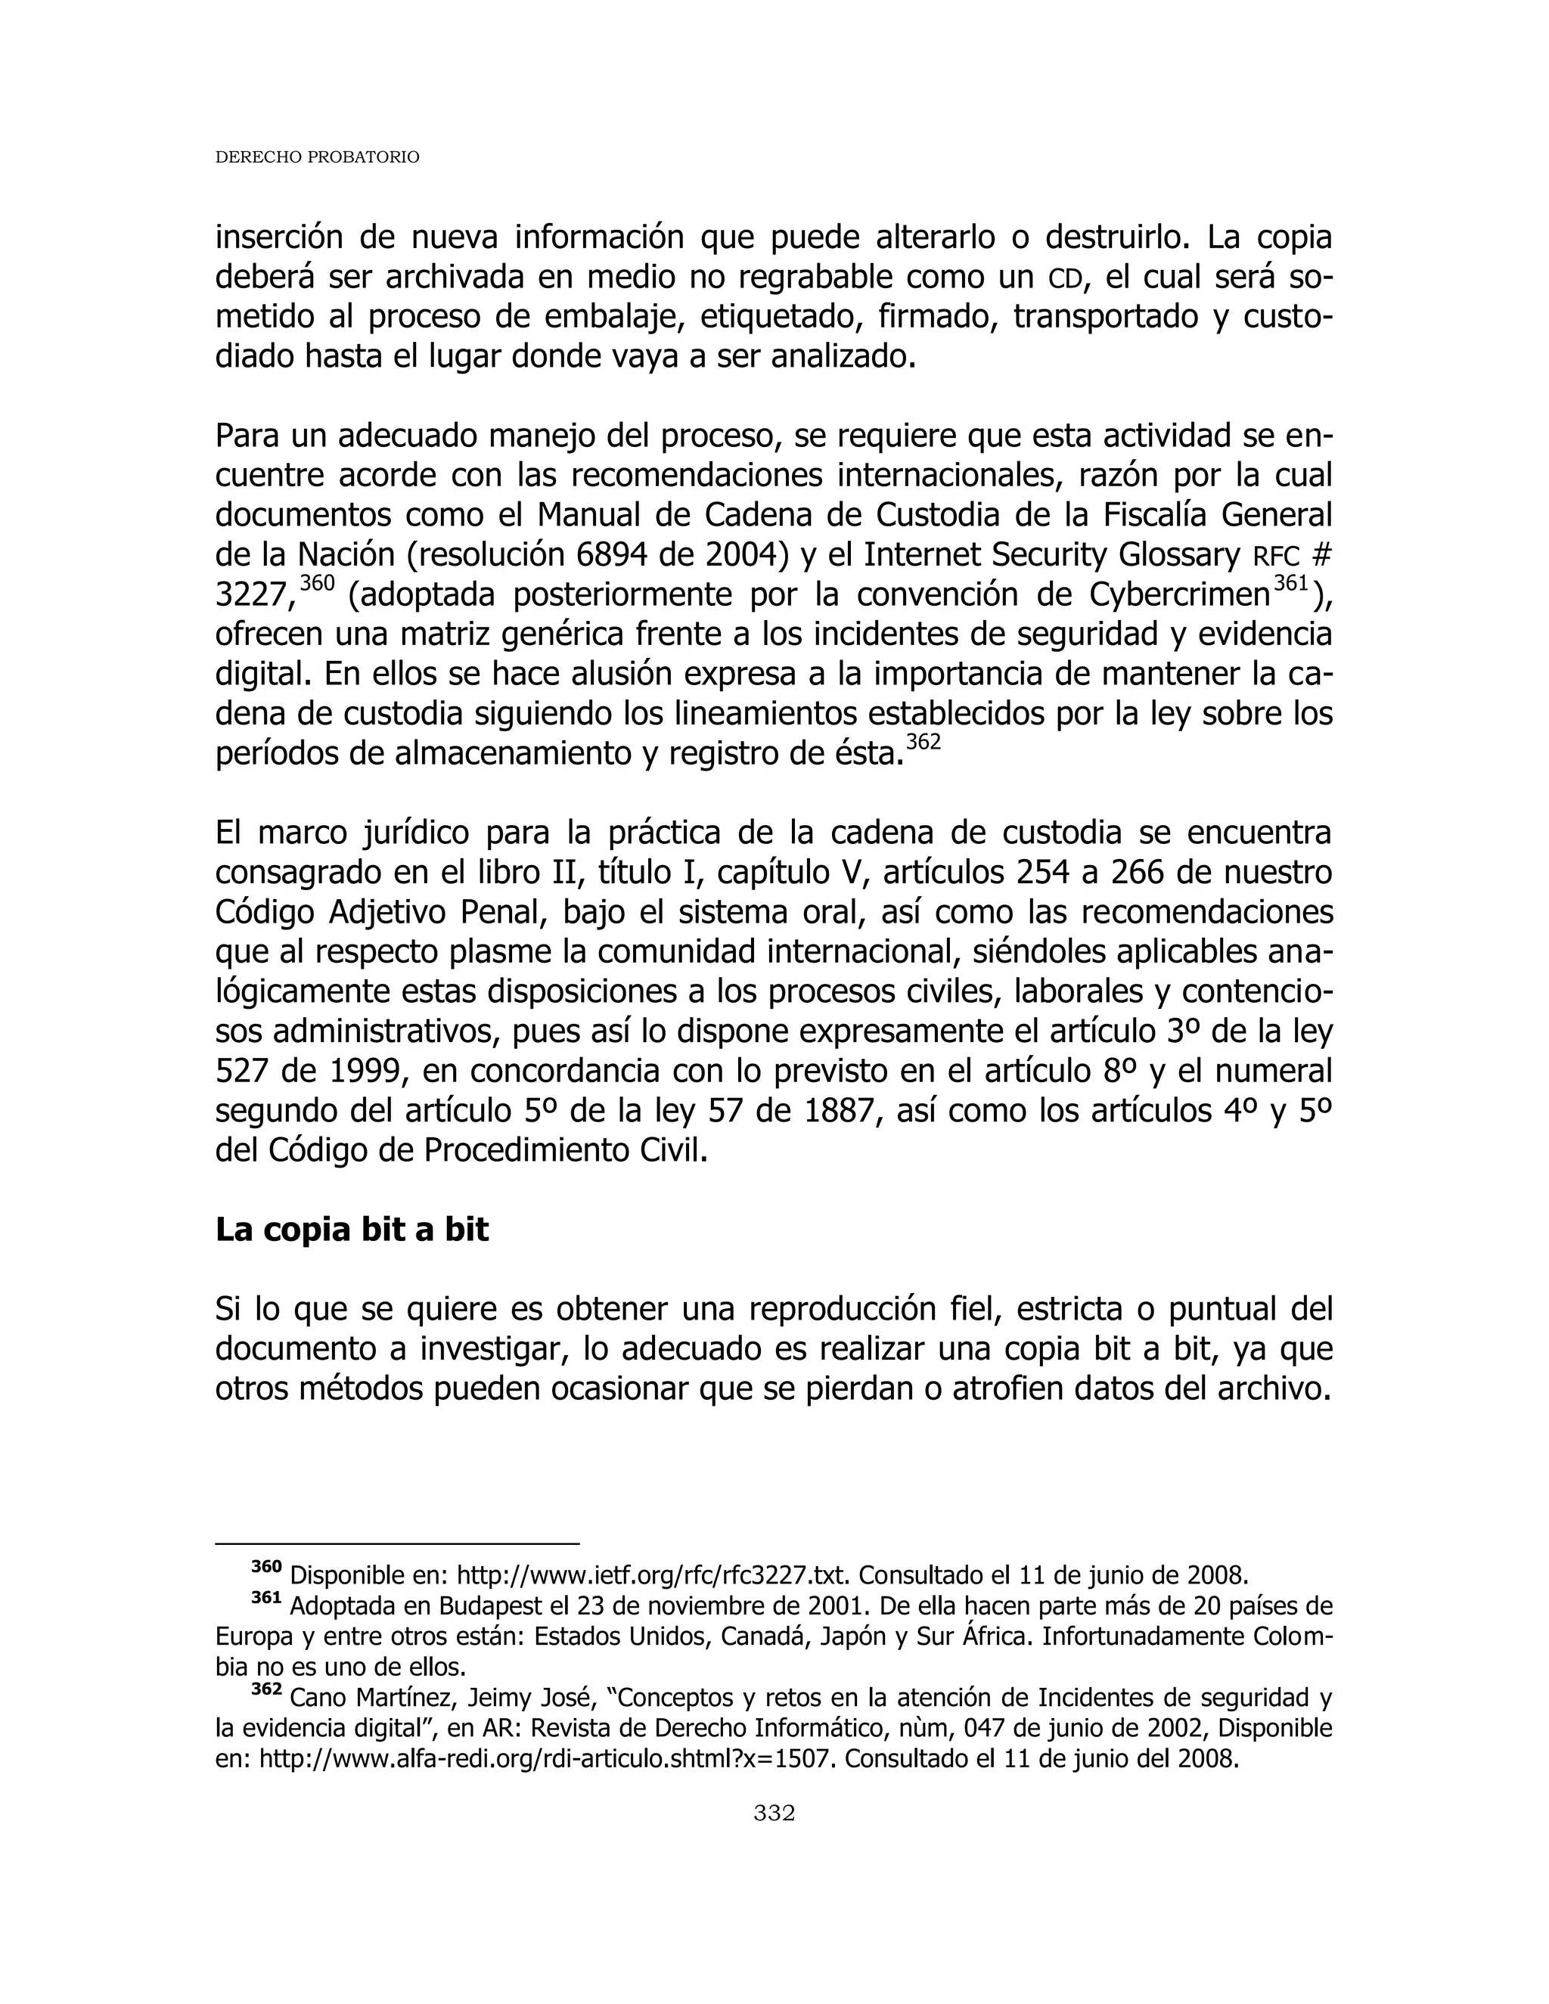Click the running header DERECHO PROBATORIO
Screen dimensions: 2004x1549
point(317,158)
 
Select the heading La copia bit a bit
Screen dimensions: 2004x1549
point(352,1230)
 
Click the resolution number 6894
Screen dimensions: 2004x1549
point(611,555)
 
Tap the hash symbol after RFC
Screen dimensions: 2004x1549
point(1321,556)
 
